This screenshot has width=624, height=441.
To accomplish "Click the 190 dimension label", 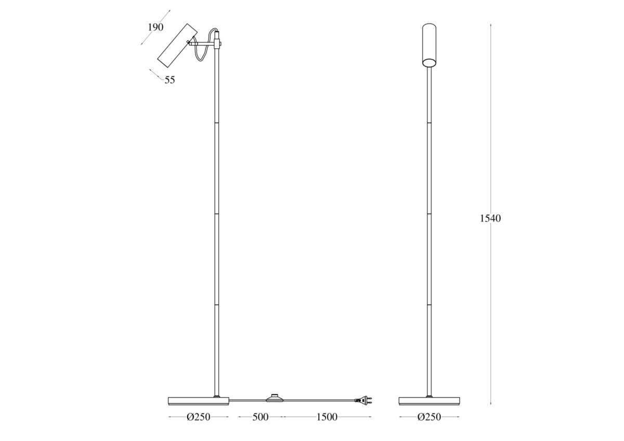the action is point(155,27).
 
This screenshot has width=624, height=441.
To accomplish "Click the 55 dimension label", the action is point(170,80).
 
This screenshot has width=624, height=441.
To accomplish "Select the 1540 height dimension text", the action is point(490,218).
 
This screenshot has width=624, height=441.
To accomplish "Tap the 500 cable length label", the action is point(261,417).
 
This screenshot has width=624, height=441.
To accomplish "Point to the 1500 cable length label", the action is point(327,417).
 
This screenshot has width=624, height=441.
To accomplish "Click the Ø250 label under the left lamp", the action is point(198,417).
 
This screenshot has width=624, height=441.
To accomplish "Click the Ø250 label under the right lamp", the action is point(430,417).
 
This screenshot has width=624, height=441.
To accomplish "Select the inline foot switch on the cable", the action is point(276,398).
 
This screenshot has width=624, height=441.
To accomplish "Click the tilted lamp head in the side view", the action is point(177,45).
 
